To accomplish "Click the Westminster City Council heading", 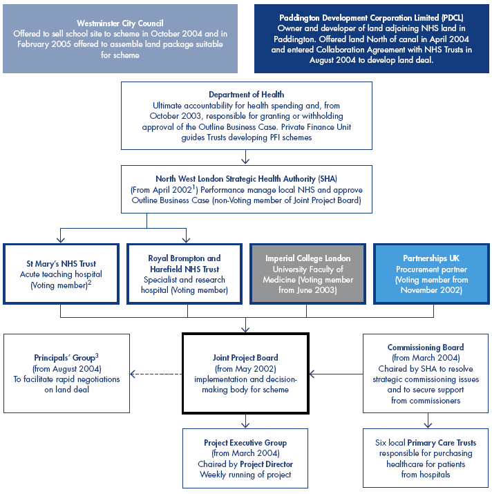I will [120, 23].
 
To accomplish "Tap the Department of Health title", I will [246, 95].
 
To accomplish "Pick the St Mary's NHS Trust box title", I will [61, 264].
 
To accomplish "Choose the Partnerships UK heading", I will [432, 258].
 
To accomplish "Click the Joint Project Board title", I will [245, 358].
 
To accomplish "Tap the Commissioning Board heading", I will [425, 348].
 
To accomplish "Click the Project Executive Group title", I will [245, 443].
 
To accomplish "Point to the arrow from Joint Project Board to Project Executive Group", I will [246, 421].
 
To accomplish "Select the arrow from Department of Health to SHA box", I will [246, 157].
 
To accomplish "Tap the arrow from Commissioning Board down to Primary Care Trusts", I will [426, 420].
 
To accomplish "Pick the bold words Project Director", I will [266, 464].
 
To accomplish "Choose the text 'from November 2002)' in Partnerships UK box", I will [432, 290].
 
